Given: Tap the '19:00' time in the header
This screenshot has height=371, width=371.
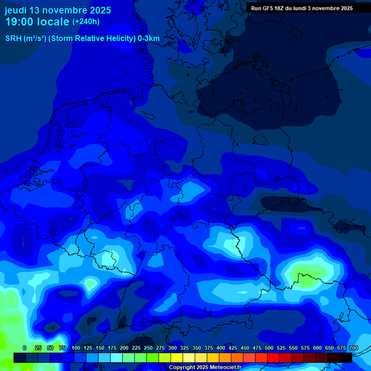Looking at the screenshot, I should click(x=20, y=22).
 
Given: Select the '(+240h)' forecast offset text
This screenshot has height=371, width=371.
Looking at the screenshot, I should click(x=86, y=22).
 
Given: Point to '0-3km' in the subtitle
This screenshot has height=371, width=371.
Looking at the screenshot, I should click(x=148, y=38).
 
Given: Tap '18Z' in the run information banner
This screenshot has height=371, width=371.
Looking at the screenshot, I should click(x=284, y=8).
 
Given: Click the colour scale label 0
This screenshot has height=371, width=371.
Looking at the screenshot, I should click(x=25, y=348).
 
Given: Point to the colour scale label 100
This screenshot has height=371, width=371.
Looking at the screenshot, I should click(x=76, y=348).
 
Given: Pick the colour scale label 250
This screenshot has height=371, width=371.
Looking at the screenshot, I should click(x=148, y=348).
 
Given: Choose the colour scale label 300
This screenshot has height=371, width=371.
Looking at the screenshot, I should click(x=172, y=348).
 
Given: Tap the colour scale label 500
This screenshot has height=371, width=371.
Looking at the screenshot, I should click(x=269, y=348).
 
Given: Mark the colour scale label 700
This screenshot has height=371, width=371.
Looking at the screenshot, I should click(x=354, y=348).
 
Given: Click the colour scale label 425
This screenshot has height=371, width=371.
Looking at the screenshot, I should click(x=233, y=348).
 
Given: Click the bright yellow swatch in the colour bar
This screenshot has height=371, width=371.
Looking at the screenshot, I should click(x=177, y=357).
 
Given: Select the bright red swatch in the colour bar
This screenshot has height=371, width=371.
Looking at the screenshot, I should click(x=273, y=357).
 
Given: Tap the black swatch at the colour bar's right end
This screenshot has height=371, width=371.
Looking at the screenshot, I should click(x=346, y=357).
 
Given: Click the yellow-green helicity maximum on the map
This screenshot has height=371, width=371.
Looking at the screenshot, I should click(x=304, y=275).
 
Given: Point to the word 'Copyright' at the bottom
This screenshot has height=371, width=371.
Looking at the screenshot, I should click(x=182, y=368).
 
